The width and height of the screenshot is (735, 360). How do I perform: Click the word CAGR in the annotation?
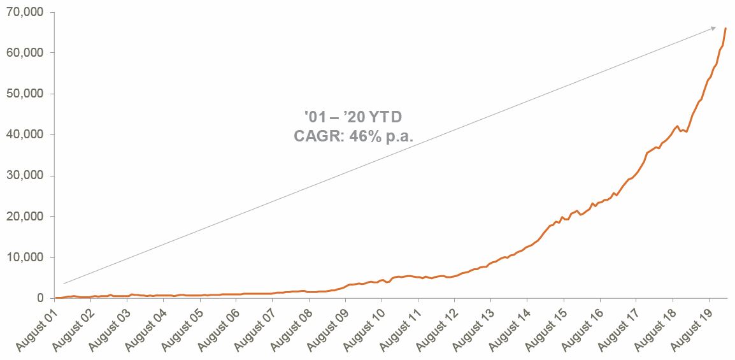coord(316,135)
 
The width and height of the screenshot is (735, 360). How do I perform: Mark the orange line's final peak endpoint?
coord(726,28)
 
